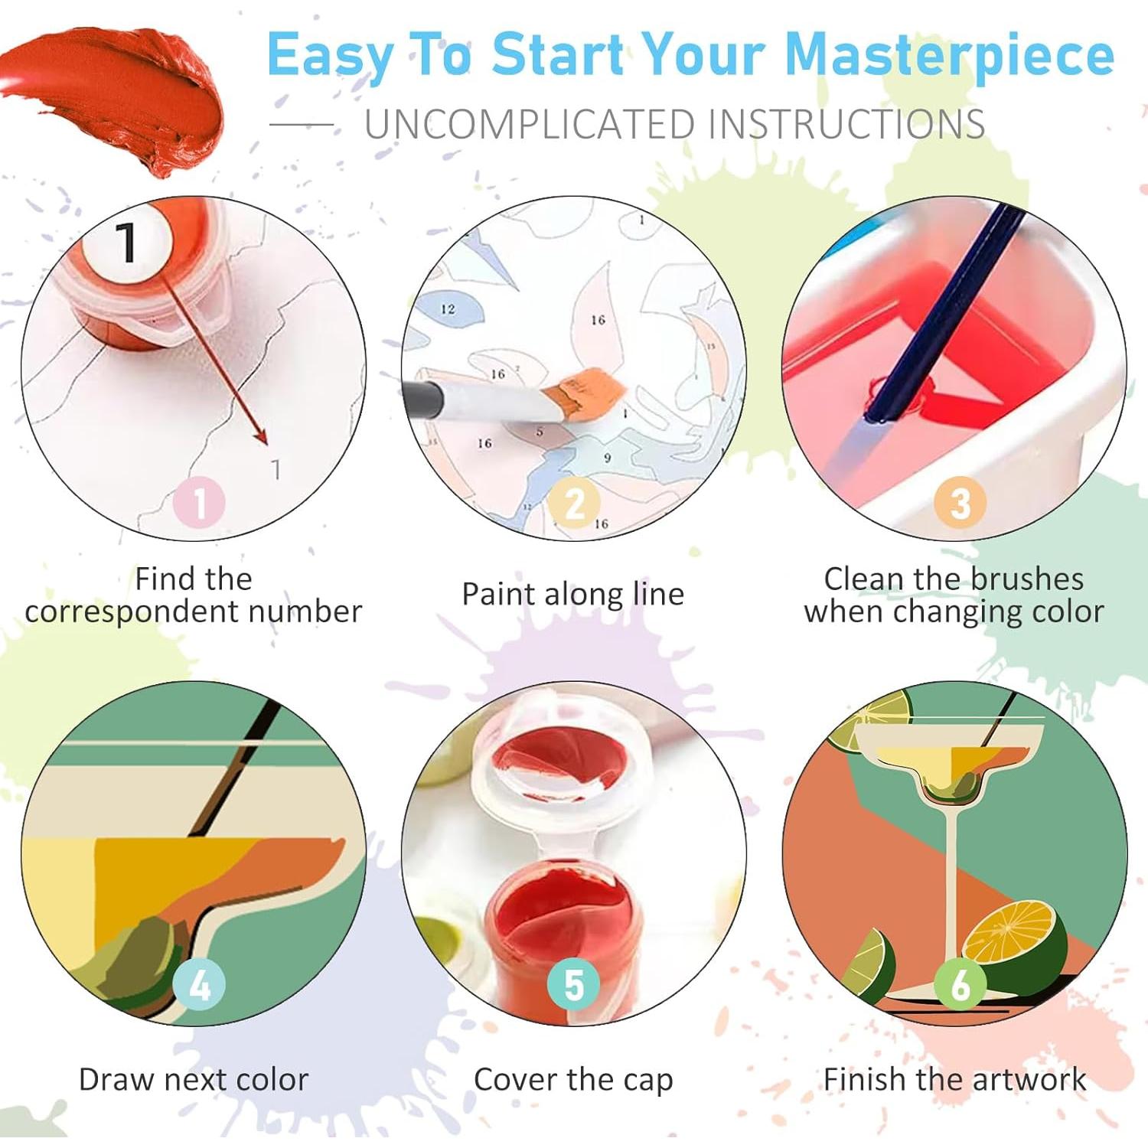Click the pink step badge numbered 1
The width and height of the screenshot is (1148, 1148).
[x=199, y=503]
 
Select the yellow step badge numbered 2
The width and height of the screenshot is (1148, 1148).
[x=574, y=503]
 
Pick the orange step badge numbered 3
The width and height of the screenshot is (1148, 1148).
[x=960, y=503]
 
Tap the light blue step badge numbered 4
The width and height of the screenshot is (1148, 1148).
[x=199, y=985]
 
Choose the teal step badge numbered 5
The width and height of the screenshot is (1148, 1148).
[x=574, y=985]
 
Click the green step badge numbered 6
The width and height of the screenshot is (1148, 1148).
[x=960, y=985]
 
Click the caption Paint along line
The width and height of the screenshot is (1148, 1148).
[x=572, y=595]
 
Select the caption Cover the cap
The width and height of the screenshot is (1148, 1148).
[x=573, y=1080]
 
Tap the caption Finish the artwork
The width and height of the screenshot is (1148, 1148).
[x=954, y=1080]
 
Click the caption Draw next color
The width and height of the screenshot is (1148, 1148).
[x=194, y=1080]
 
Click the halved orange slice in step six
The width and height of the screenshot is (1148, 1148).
[x=1010, y=934]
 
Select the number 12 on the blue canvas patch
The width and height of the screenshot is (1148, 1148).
[x=448, y=309]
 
